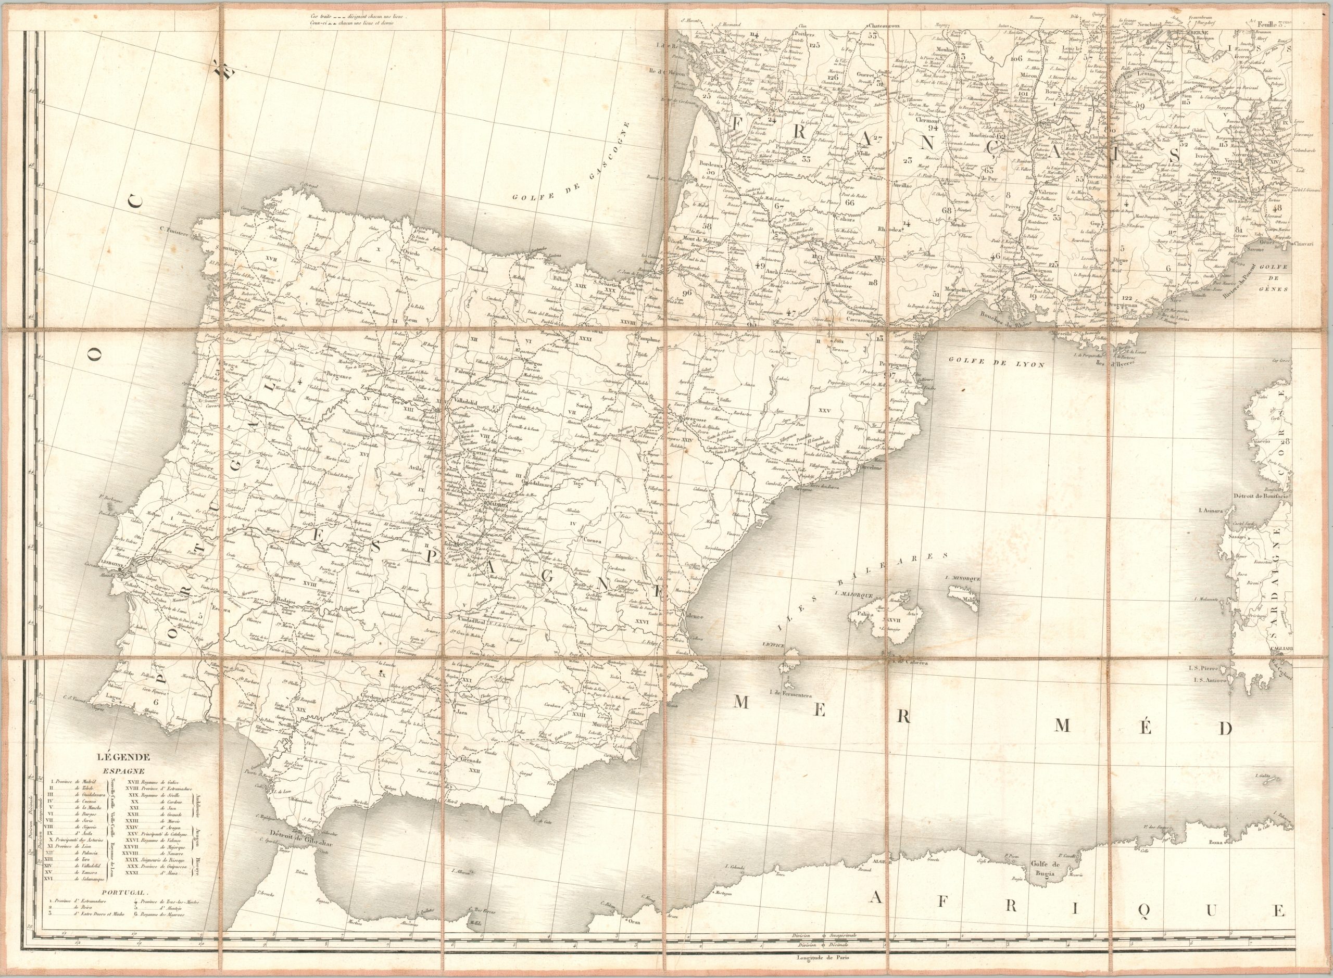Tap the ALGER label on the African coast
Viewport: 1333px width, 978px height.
click(x=881, y=862)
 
